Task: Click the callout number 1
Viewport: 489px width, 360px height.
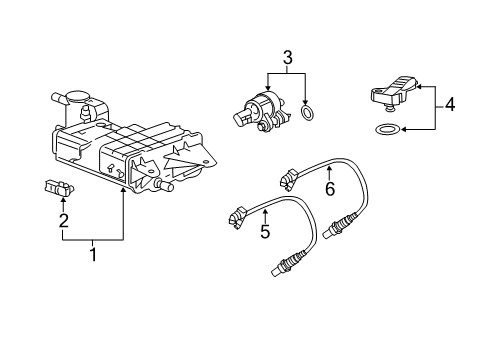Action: pos(94,254)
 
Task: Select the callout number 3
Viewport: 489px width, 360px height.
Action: pos(289,60)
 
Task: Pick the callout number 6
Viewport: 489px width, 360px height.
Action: pos(328,187)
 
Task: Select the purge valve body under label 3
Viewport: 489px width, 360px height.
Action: pos(262,108)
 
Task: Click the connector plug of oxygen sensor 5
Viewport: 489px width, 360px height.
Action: pos(237,214)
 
